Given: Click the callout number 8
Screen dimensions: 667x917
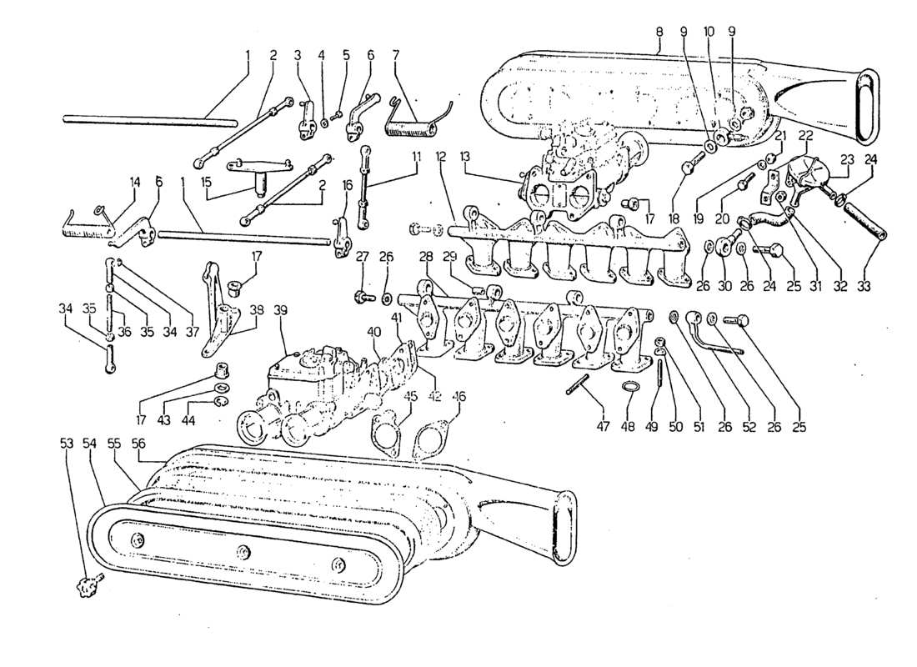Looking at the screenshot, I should point(659,32).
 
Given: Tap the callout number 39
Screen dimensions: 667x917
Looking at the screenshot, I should point(280,310).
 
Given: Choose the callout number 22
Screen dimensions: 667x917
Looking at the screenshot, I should point(807,135).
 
